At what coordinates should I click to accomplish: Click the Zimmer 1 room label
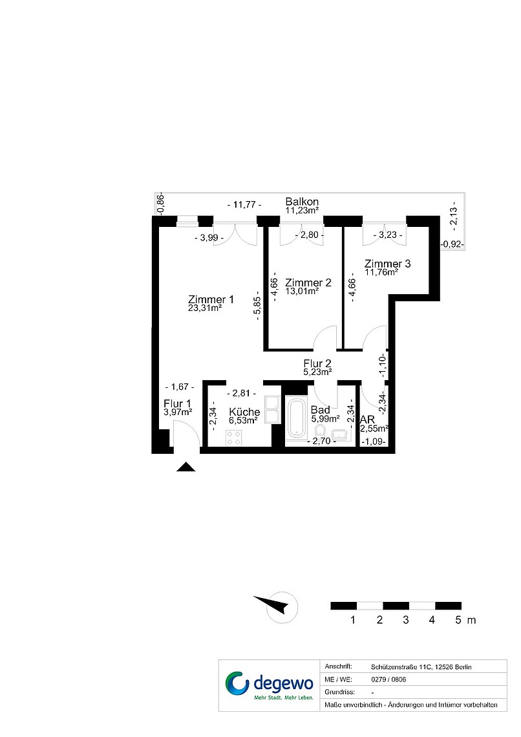pyautogui.click(x=211, y=299)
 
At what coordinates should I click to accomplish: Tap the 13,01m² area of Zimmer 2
pyautogui.click(x=302, y=291)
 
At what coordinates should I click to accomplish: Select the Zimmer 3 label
pyautogui.click(x=388, y=264)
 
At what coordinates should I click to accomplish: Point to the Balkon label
pyautogui.click(x=302, y=202)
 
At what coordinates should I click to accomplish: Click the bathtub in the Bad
pyautogui.click(x=296, y=418)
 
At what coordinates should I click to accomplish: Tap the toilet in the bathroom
pyautogui.click(x=321, y=431)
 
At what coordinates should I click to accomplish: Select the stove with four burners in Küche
pyautogui.click(x=234, y=438)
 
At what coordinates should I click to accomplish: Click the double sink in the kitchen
pyautogui.click(x=272, y=410)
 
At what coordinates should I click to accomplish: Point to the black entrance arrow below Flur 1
pyautogui.click(x=186, y=467)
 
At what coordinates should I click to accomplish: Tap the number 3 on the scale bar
pyautogui.click(x=406, y=620)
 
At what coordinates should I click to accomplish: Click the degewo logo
pyautogui.click(x=269, y=685)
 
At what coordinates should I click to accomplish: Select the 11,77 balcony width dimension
pyautogui.click(x=244, y=204)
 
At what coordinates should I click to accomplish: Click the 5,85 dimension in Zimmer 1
pyautogui.click(x=257, y=308)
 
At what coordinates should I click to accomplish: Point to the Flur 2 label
pyautogui.click(x=317, y=363)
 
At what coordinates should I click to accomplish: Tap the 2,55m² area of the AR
pyautogui.click(x=374, y=428)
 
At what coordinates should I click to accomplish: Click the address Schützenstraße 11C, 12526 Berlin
pyautogui.click(x=421, y=667)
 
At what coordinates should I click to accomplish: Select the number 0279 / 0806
pyautogui.click(x=388, y=679)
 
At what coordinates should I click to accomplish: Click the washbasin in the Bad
pyautogui.click(x=339, y=434)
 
